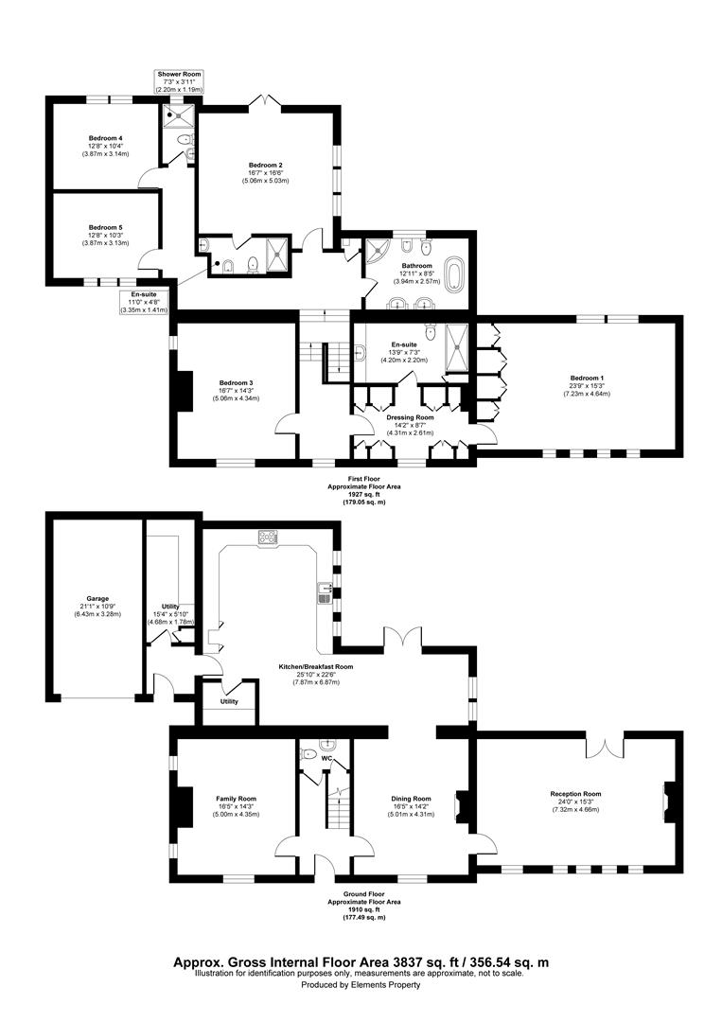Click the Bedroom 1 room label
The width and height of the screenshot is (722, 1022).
coord(588,379)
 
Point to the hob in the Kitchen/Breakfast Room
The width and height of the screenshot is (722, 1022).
coord(268,537)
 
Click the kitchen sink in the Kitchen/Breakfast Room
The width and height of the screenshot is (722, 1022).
coord(324,592)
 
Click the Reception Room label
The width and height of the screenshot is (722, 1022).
coord(575,794)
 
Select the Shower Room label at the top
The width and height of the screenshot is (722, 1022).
coord(179,74)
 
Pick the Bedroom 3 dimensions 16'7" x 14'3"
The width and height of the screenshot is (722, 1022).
coord(236,390)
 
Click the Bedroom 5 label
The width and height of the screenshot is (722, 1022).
coord(106,228)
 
